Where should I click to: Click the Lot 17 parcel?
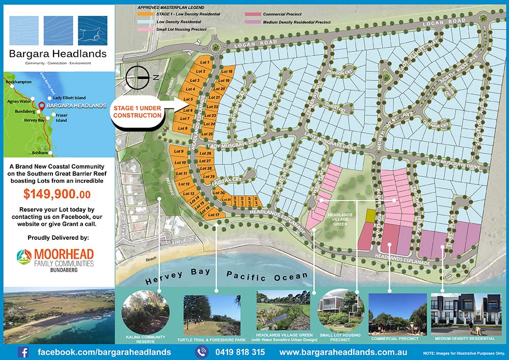[x=214, y=215]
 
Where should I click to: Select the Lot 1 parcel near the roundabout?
[x=205, y=62]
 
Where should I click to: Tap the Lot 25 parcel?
[x=208, y=134]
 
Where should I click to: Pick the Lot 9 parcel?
[x=179, y=152]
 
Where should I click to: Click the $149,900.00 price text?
[x=57, y=194]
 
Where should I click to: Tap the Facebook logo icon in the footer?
[x=23, y=352]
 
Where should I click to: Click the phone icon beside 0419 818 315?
[x=202, y=352]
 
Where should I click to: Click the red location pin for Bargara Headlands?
[x=41, y=106]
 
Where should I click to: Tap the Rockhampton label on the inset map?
[x=19, y=81]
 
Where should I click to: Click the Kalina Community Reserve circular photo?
[x=146, y=312]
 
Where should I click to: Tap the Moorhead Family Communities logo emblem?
[x=24, y=257]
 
